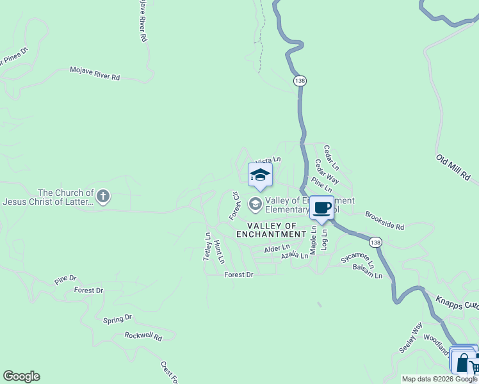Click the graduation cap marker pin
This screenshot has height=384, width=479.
260,175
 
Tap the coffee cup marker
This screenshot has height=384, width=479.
321,208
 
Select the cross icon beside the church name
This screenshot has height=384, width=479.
103,196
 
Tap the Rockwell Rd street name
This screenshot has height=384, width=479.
143,335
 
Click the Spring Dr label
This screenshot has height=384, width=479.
117,317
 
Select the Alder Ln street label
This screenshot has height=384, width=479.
277,247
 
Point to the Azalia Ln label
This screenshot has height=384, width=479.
295,255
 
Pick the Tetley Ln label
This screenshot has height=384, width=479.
207,246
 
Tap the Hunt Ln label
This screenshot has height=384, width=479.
219,252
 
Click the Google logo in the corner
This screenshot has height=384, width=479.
21,376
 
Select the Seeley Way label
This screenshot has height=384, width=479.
410,338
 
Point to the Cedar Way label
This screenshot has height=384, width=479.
326,172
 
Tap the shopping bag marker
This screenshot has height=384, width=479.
462,362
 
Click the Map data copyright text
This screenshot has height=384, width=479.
439,379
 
